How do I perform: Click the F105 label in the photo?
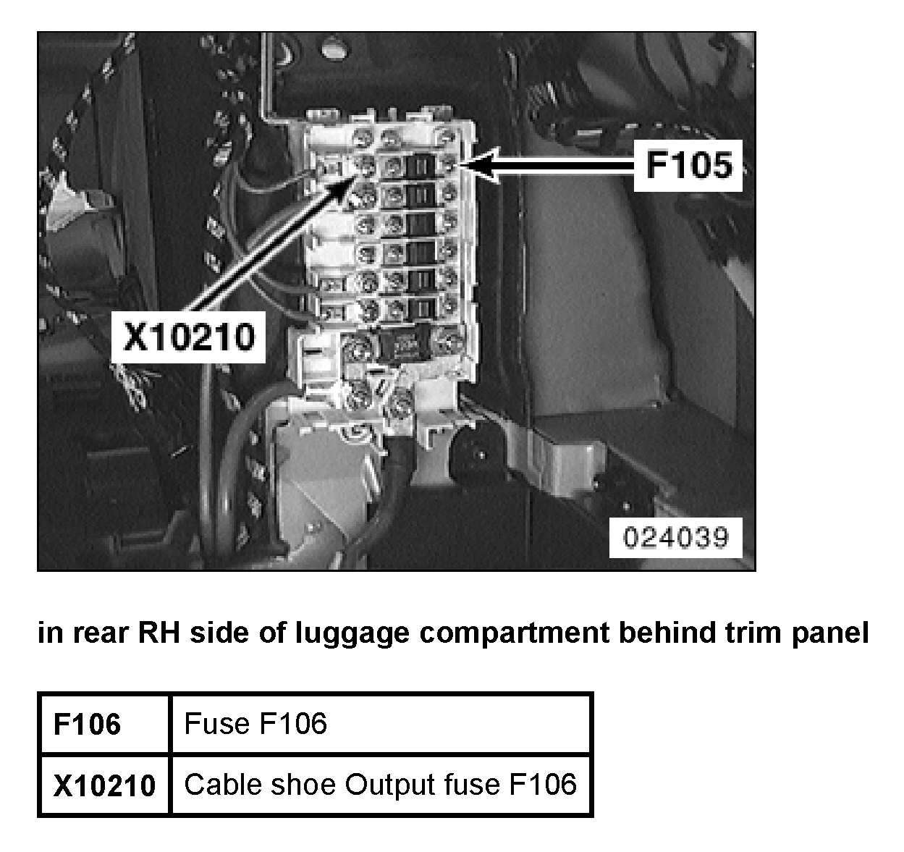coord(688,166)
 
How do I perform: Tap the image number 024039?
coord(676,537)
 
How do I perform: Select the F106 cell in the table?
coord(87,723)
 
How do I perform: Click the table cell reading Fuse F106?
coord(255,723)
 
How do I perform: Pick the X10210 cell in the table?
coord(104,785)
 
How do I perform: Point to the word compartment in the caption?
coord(511,633)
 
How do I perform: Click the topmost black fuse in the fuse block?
coord(418,166)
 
